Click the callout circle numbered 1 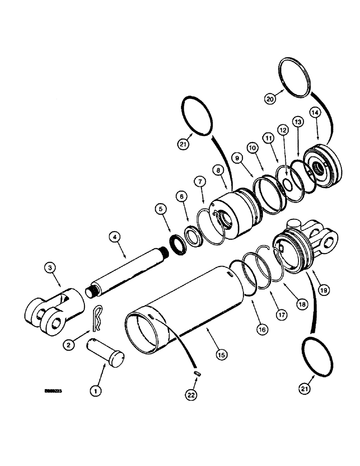pos(96,391)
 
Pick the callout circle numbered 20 pos(271,98)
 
